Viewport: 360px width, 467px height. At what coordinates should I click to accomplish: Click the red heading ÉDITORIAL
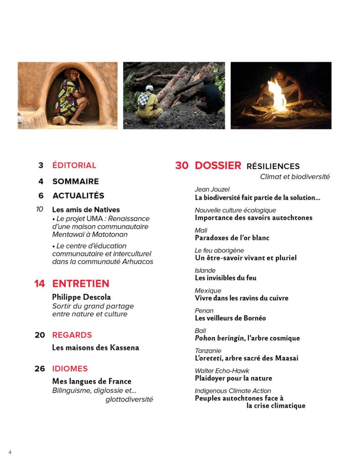coord(74,166)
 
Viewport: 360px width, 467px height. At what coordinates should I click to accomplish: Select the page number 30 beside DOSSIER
coord(182,166)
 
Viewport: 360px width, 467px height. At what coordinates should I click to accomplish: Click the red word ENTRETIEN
coord(81,284)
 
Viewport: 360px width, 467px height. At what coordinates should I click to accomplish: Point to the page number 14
coord(40,284)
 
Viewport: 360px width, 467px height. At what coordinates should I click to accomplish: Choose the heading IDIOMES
coord(70,368)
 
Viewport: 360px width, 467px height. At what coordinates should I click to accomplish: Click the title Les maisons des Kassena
coord(95,348)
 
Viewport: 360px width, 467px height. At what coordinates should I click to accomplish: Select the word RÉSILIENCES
coord(273,166)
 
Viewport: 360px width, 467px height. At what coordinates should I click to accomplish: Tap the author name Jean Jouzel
coord(212,189)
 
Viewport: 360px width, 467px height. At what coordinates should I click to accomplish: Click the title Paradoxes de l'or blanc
coord(232,238)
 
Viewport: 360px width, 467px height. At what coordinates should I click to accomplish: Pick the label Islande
coord(205,270)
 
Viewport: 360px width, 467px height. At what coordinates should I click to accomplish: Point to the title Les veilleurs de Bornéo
coord(230,318)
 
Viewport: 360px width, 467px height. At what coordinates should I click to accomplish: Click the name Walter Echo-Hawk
coord(222,371)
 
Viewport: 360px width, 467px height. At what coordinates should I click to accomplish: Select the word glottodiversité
coord(129,400)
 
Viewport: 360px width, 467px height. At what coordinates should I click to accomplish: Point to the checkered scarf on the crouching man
coord(144,99)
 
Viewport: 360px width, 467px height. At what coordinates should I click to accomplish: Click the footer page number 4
coord(10,452)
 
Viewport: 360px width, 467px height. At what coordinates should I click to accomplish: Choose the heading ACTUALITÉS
coord(78,196)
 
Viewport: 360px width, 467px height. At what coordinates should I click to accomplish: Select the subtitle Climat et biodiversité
coord(295,177)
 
